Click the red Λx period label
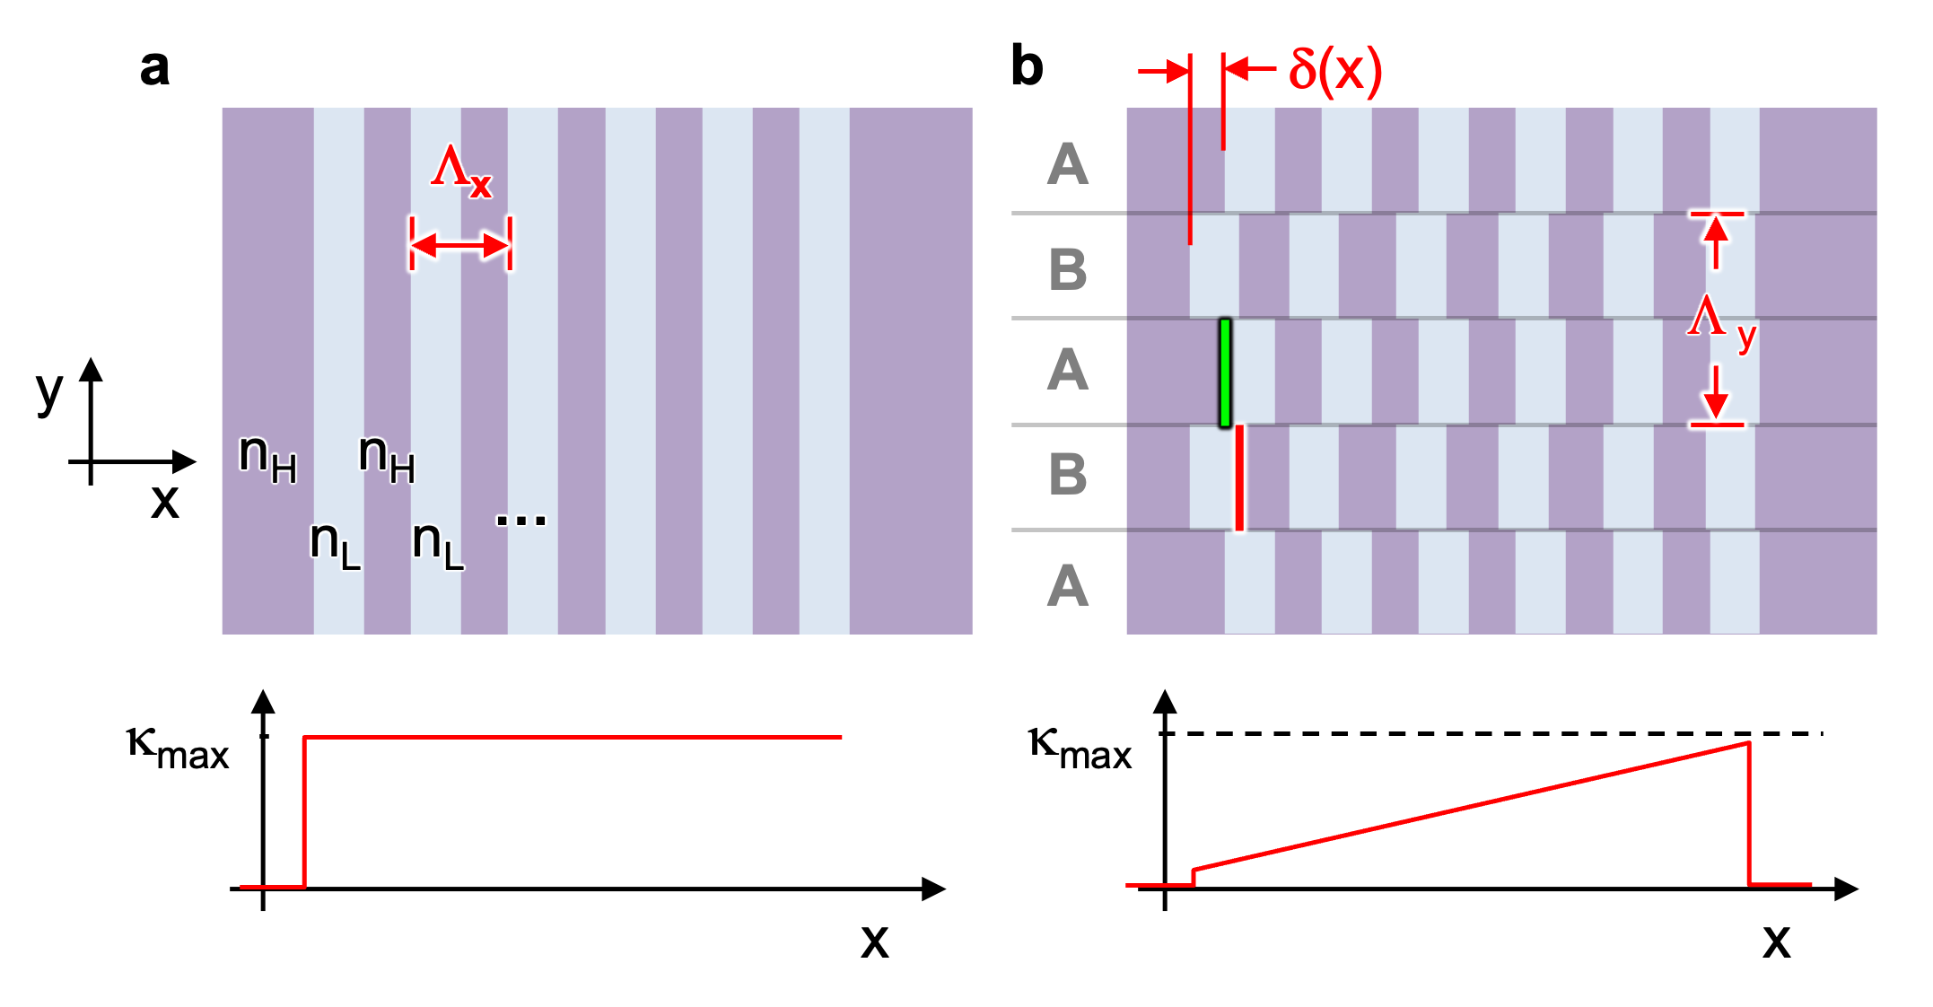coord(461,169)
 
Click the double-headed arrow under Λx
coord(460,244)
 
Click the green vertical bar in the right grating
coord(1225,372)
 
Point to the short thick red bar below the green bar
coord(1239,477)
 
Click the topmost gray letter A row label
coord(1068,164)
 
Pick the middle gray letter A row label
coord(1068,369)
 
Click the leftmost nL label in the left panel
coord(335,543)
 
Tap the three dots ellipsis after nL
coord(520,520)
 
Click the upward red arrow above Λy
coord(1716,241)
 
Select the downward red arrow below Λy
coord(1716,395)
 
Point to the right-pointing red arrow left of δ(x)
coord(1164,71)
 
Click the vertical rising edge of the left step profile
coord(305,812)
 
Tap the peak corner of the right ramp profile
coord(1748,743)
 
